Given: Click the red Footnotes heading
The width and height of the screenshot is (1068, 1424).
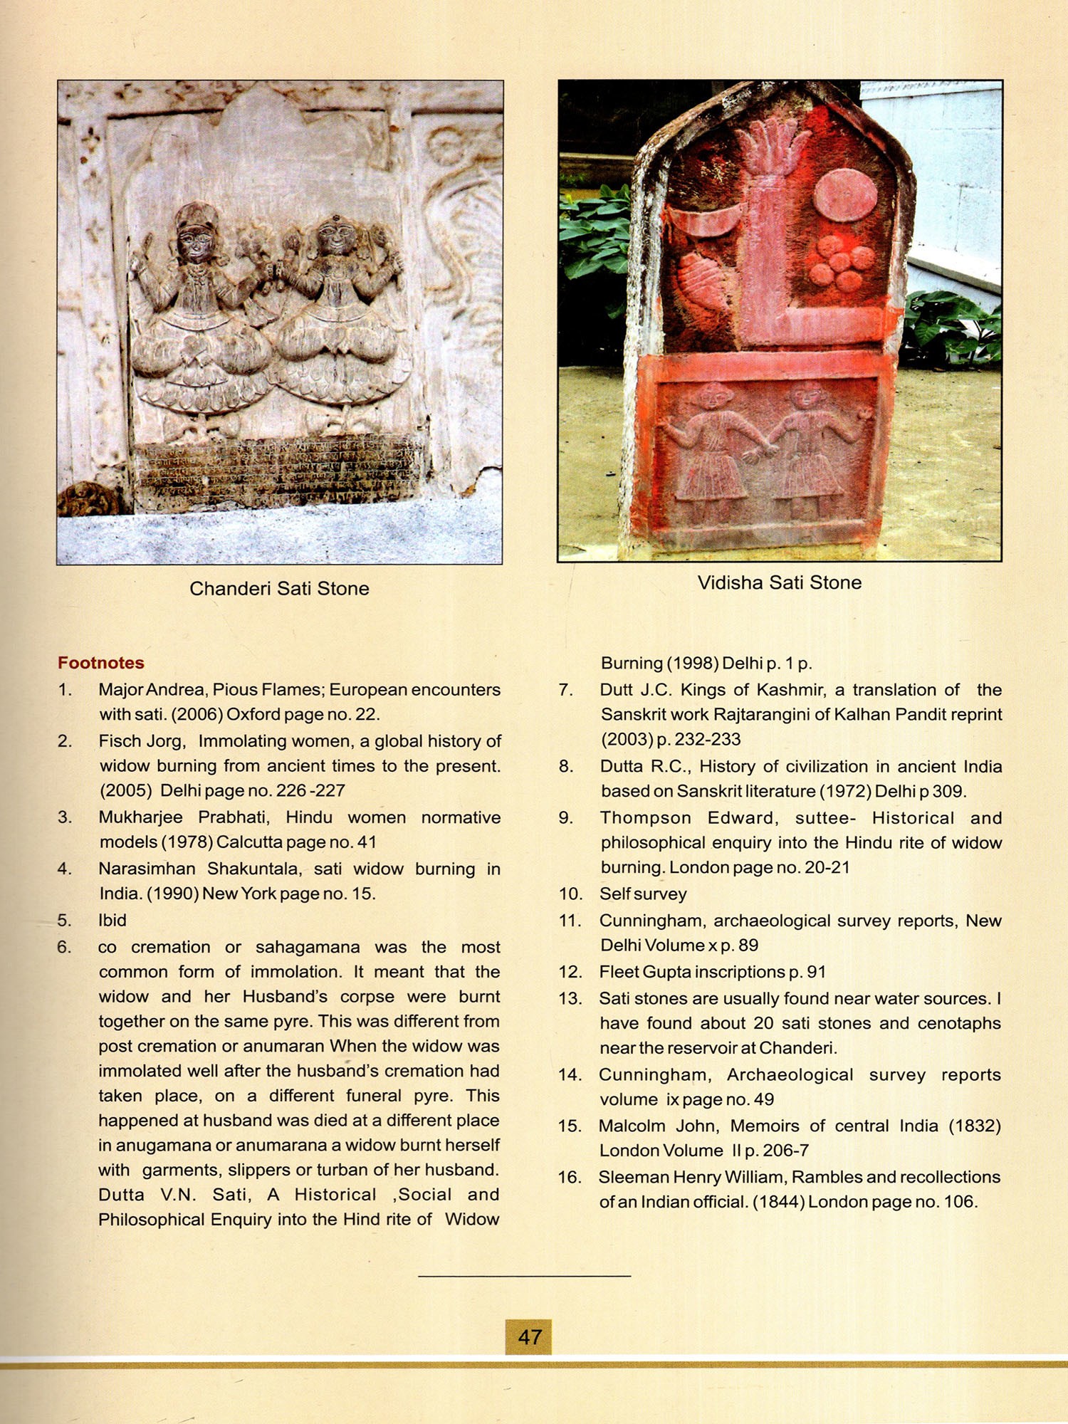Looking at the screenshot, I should pyautogui.click(x=100, y=663).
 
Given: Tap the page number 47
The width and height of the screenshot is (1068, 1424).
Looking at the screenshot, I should pyautogui.click(x=529, y=1336).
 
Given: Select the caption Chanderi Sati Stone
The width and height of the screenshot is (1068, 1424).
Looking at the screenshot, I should pyautogui.click(x=279, y=589).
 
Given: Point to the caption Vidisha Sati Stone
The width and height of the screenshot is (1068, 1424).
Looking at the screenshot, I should pyautogui.click(x=779, y=582).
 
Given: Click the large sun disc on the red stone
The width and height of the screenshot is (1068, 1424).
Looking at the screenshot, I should pyautogui.click(x=844, y=195).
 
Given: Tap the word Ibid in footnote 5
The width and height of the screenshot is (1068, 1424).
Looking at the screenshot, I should pyautogui.click(x=112, y=920).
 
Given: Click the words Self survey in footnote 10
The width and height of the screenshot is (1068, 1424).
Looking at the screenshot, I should pyautogui.click(x=643, y=894).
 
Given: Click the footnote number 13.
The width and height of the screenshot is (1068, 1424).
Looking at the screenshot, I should pyautogui.click(x=570, y=998).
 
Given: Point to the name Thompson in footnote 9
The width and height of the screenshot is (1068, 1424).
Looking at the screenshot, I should pyautogui.click(x=644, y=817).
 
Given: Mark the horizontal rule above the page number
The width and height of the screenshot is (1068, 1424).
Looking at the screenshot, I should pyautogui.click(x=524, y=1276).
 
